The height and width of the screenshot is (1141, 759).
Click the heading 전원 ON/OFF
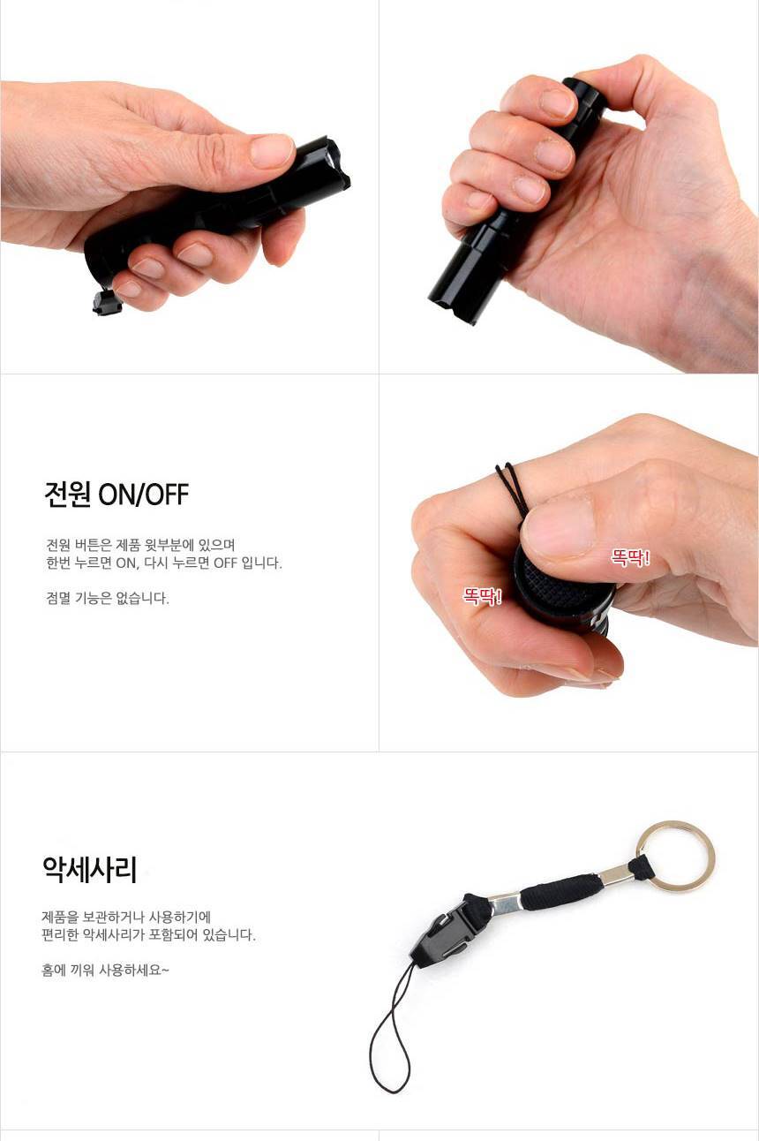pos(116,494)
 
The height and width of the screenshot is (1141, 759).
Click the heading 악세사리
pos(90,870)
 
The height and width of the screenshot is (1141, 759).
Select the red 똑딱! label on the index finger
pos(482,596)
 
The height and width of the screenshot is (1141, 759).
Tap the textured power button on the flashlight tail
pos(562,586)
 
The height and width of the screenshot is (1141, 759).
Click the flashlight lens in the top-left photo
pos(335,158)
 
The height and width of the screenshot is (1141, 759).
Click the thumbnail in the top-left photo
pos(273,151)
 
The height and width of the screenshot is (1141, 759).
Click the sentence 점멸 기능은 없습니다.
pos(108,598)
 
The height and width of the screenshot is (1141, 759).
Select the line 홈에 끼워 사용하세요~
pos(105,970)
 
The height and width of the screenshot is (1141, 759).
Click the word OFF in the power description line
pos(226,563)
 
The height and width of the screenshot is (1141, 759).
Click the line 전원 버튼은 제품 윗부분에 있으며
pos(140,545)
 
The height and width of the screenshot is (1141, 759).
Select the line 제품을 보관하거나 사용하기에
pos(126,918)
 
